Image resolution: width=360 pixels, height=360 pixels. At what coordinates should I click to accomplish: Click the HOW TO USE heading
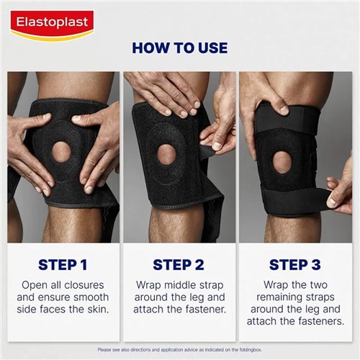coord(179,48)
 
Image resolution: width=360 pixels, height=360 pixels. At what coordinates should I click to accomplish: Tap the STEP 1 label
coord(63,264)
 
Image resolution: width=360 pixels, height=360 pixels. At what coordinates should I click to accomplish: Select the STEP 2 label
coord(179,264)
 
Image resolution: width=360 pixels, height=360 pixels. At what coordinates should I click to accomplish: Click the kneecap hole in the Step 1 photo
coord(61,151)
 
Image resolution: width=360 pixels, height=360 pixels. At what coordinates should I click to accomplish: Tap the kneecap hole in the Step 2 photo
coord(167,153)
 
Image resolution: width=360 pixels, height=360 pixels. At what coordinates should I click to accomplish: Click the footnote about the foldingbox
coord(179,349)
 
